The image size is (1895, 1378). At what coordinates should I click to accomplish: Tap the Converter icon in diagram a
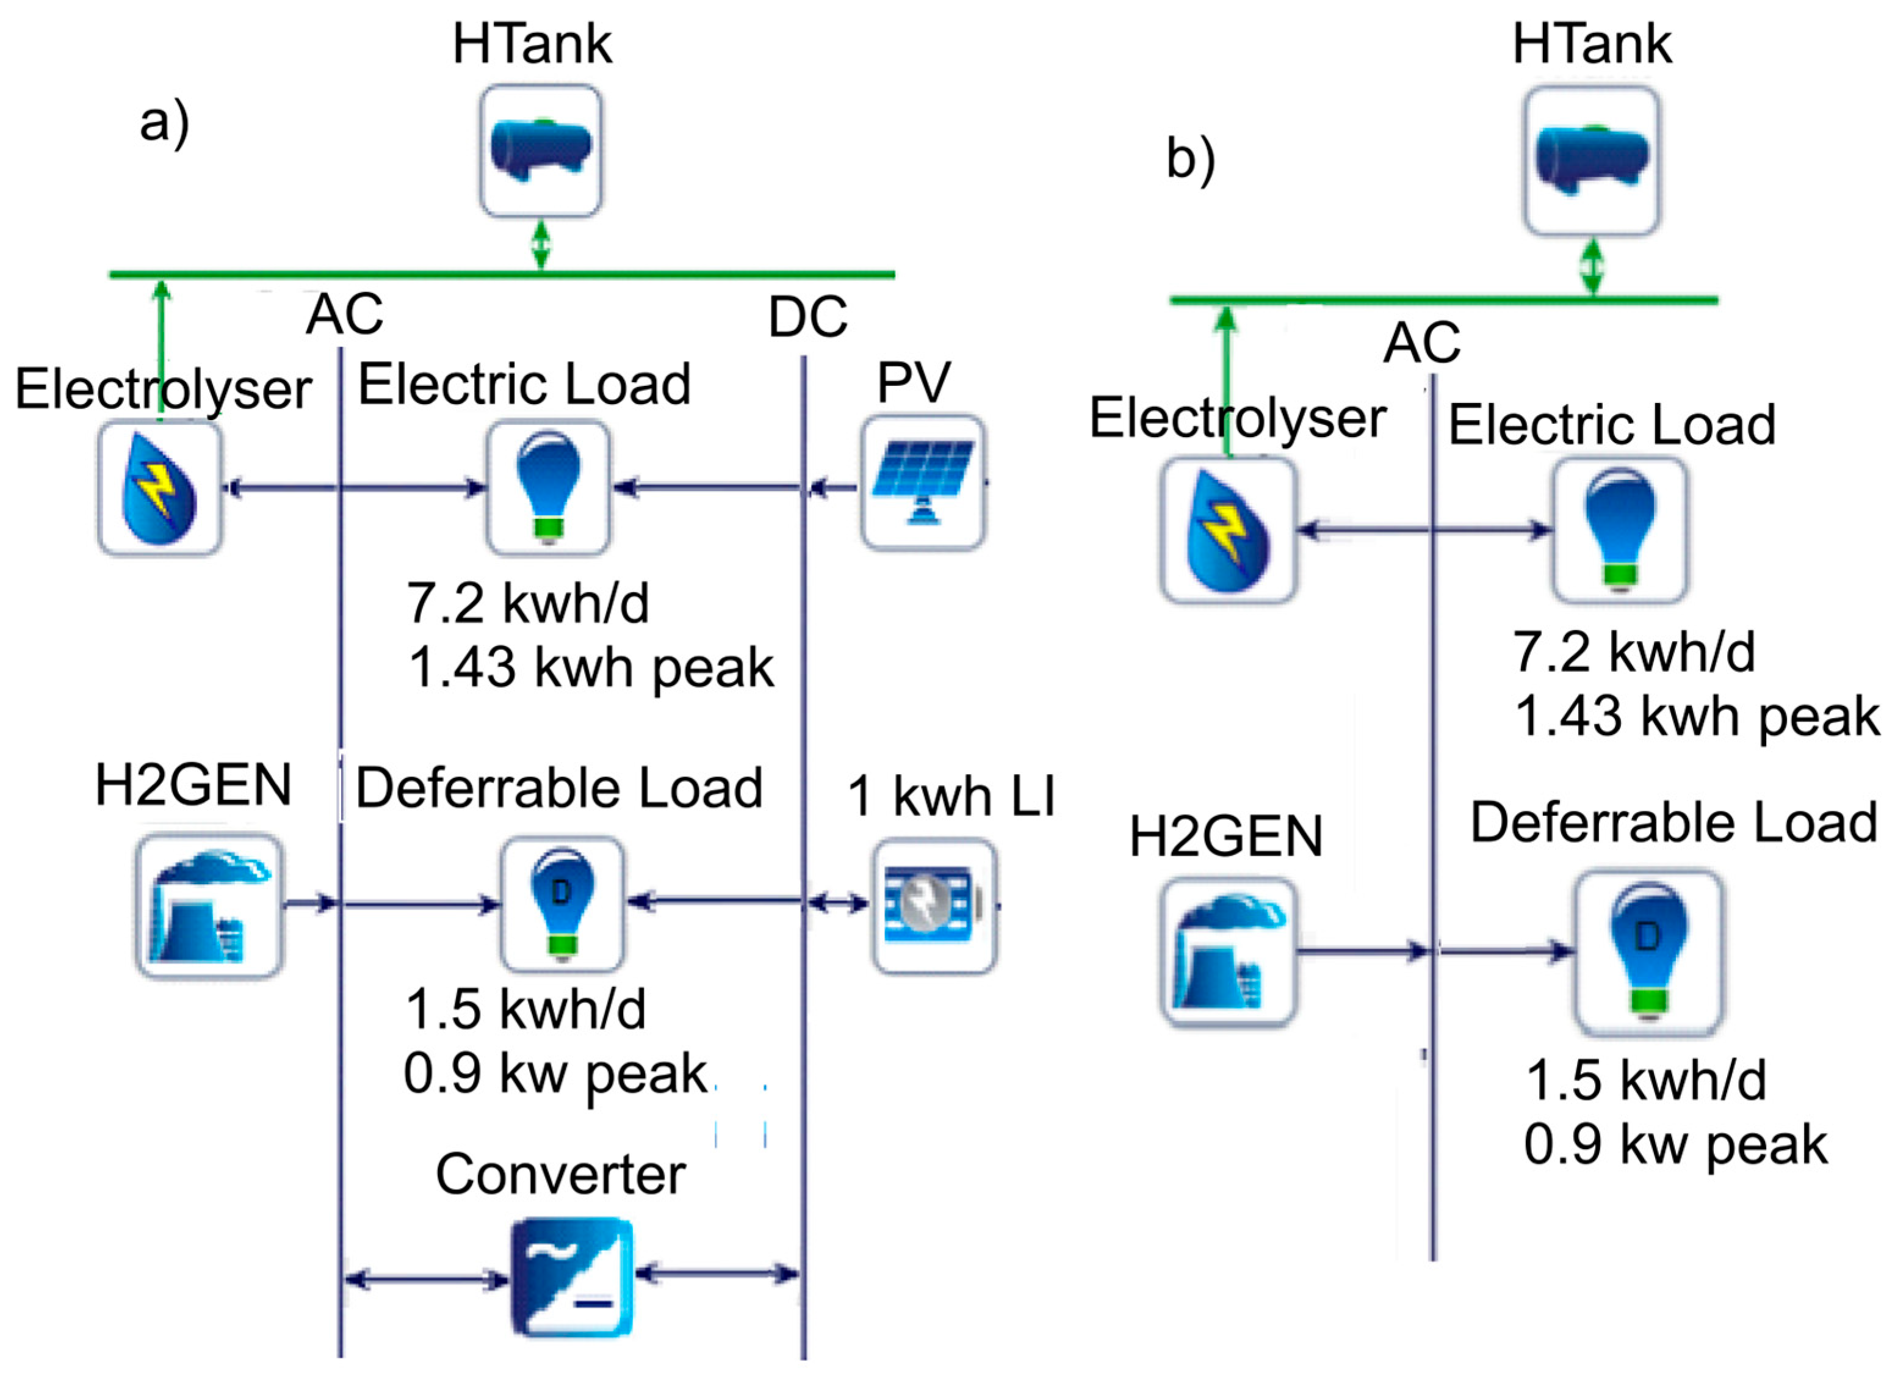click(x=571, y=1277)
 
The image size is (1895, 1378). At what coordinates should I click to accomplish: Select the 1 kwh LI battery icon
click(x=934, y=906)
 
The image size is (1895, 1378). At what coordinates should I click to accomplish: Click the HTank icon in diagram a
click(x=541, y=150)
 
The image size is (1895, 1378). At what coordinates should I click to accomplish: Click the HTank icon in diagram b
click(x=1592, y=161)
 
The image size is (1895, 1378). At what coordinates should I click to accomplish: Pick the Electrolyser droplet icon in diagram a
click(x=159, y=488)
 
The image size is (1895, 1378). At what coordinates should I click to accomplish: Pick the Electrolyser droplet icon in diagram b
click(x=1228, y=531)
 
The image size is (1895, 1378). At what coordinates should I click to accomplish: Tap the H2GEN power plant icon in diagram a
click(x=209, y=906)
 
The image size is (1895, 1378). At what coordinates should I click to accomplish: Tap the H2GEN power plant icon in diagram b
click(x=1228, y=952)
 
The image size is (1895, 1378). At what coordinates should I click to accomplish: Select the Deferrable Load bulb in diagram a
click(x=562, y=904)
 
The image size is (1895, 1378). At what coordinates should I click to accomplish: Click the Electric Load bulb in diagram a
click(x=548, y=487)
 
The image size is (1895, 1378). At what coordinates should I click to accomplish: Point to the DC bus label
click(x=807, y=317)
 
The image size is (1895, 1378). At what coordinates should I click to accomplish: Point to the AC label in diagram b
click(x=1421, y=343)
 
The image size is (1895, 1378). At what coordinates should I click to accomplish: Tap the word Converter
click(x=561, y=1175)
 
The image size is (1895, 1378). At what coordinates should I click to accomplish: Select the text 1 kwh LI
click(x=951, y=796)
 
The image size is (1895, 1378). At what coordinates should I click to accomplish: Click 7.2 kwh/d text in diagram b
click(x=1633, y=653)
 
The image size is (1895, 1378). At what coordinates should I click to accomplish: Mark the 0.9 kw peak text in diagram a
click(x=555, y=1075)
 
